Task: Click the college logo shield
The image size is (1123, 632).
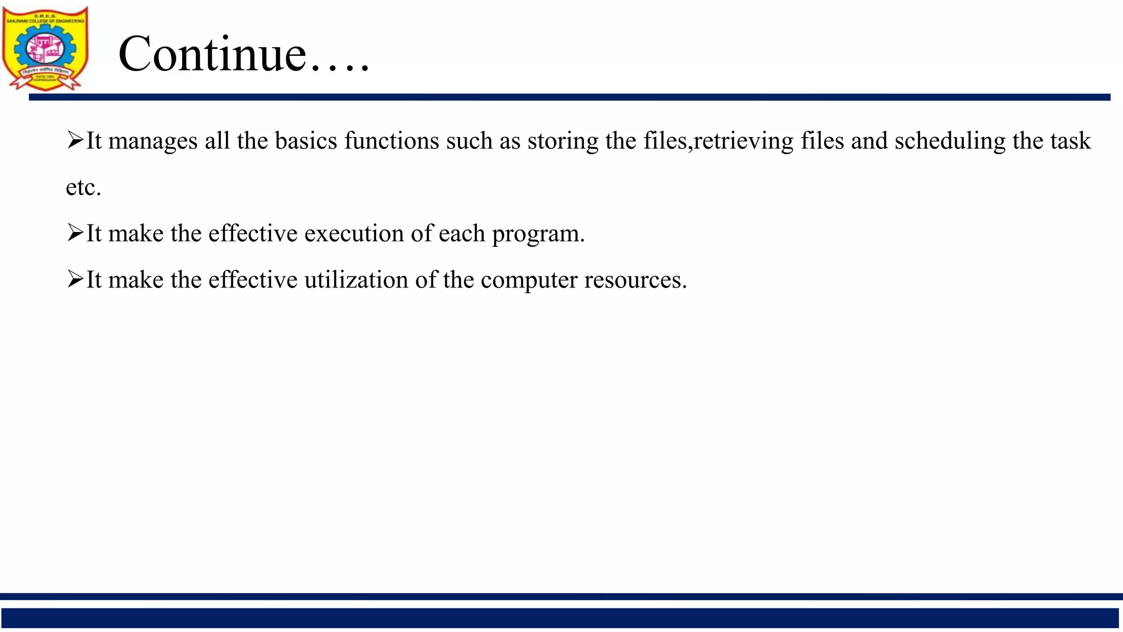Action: click(45, 48)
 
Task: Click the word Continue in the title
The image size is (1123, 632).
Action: click(212, 54)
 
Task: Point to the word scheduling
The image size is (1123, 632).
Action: click(950, 141)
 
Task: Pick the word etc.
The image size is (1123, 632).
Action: click(83, 188)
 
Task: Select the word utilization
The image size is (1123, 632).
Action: click(356, 280)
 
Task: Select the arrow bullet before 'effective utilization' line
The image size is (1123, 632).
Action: click(75, 279)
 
